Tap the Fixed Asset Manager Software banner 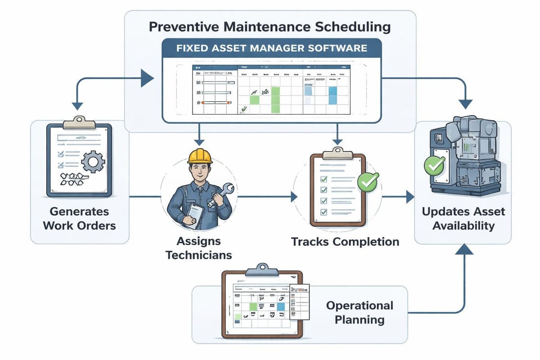(271, 48)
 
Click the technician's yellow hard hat (200, 156)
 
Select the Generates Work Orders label (79, 218)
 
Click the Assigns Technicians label (198, 248)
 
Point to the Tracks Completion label (345, 242)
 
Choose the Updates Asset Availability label (463, 219)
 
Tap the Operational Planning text (360, 313)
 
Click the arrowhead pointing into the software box (147, 78)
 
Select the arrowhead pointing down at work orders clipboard (78, 105)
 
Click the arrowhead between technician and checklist (294, 197)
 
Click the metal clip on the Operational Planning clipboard (262, 269)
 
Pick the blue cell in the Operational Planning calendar (281, 306)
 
